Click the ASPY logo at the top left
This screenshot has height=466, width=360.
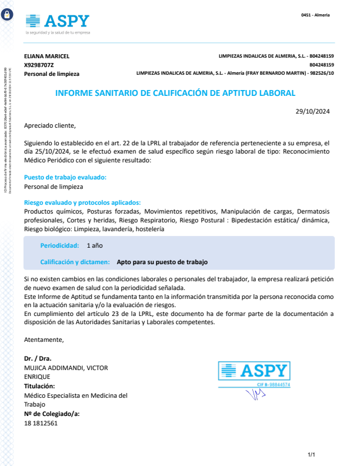[x=57, y=22]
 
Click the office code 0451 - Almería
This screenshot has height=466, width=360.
[x=315, y=15]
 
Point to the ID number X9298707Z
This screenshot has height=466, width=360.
[x=39, y=65]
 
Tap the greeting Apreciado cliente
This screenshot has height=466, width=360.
[x=50, y=125]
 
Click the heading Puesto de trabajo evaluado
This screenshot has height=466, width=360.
[x=65, y=177]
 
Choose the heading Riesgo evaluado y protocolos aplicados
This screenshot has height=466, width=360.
[x=82, y=202]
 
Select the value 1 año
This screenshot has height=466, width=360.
[x=95, y=245]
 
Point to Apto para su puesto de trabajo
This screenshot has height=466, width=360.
[x=162, y=262]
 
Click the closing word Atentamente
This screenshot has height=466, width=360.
[x=44, y=339]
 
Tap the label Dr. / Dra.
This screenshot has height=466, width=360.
[x=38, y=358]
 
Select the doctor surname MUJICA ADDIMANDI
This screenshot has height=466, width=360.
[x=65, y=367]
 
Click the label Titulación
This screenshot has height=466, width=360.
[x=39, y=386]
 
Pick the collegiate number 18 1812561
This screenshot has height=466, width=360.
[x=41, y=423]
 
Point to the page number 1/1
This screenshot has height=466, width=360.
[x=312, y=455]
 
